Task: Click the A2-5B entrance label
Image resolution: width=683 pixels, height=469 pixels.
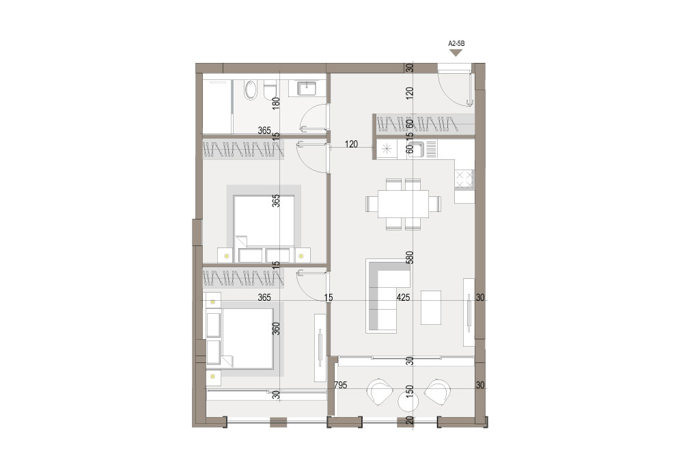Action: tap(456, 44)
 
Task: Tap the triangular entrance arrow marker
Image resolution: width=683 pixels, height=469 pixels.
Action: tap(456, 53)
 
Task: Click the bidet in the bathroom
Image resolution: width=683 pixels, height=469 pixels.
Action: tap(251, 90)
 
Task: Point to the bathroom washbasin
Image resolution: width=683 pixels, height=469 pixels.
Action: tap(307, 88)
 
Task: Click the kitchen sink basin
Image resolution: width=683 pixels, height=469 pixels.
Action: tap(415, 149)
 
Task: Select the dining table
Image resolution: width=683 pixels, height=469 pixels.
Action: tap(403, 204)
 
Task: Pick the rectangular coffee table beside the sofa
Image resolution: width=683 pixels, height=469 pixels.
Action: tap(431, 308)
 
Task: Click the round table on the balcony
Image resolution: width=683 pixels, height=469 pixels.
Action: tap(408, 401)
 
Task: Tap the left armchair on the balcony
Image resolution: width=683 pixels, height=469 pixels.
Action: tap(379, 392)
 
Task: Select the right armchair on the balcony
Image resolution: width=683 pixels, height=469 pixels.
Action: tap(437, 392)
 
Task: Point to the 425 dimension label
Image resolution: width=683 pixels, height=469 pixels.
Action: tap(404, 297)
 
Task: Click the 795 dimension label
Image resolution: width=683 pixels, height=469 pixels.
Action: tap(341, 386)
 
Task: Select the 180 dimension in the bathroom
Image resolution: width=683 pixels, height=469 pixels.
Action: tap(276, 103)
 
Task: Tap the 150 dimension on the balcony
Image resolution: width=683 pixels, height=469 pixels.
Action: tap(409, 392)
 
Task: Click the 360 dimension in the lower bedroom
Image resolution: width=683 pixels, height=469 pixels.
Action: tap(276, 328)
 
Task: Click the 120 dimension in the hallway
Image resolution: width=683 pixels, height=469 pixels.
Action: tap(352, 144)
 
